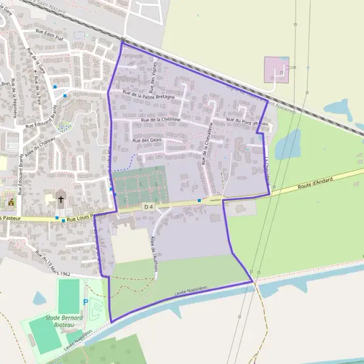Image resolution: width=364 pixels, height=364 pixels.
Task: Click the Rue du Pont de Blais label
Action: [251, 121]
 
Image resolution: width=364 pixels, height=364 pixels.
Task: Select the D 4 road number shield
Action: [149, 207]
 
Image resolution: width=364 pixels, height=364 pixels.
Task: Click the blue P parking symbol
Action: [85, 302]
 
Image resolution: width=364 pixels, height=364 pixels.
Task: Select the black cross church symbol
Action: [61, 198]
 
